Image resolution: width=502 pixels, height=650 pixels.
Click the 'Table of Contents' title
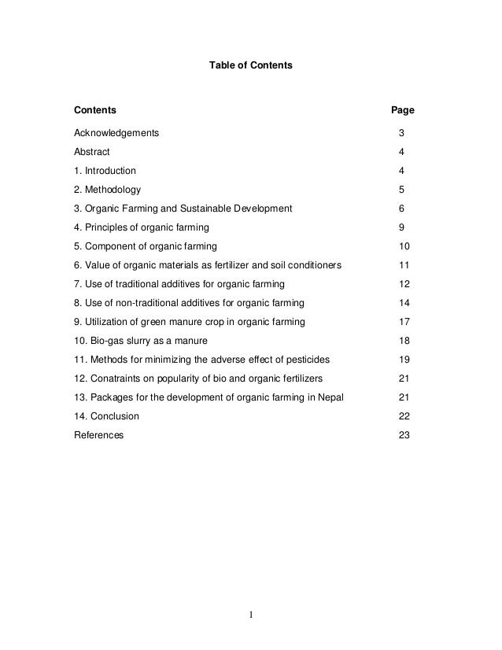(250, 69)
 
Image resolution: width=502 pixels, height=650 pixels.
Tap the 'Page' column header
(403, 109)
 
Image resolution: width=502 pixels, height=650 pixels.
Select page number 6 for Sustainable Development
(401, 209)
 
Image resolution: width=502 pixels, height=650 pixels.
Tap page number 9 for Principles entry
(401, 227)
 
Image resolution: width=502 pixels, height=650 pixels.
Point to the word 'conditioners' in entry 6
(315, 265)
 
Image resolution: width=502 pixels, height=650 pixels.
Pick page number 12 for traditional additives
(404, 284)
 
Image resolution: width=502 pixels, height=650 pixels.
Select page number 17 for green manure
(404, 322)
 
